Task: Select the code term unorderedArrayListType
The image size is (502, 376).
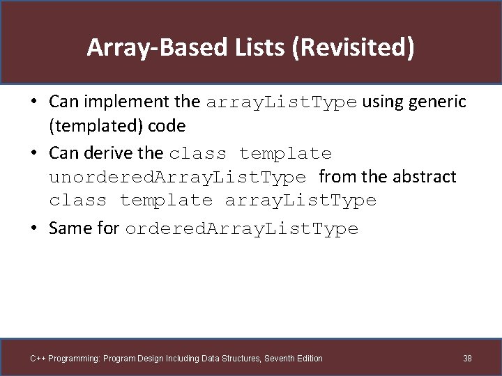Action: coord(177,178)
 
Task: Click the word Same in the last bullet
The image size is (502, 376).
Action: coord(70,229)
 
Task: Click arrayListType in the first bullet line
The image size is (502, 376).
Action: coord(281,102)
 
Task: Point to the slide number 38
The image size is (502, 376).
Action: coord(467,359)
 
